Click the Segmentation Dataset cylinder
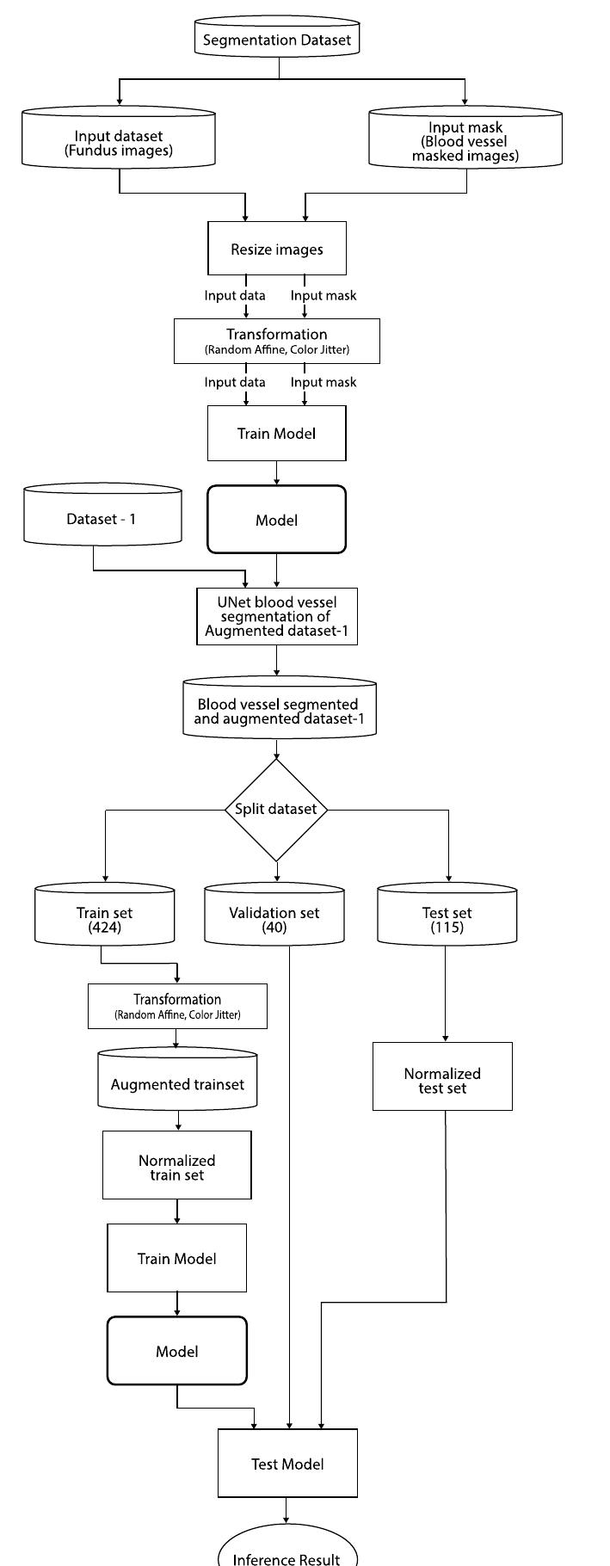(277, 40)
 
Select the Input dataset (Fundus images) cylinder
(119, 143)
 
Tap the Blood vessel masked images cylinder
(465, 142)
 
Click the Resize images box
(277, 249)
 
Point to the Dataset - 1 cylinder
(102, 518)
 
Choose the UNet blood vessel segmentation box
(277, 616)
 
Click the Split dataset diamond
(276, 809)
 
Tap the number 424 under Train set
(104, 928)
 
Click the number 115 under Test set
(447, 928)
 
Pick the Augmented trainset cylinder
(177, 1082)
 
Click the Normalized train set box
(177, 1167)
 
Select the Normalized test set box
(442, 1080)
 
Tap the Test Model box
(287, 1464)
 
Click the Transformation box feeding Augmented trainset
(177, 1006)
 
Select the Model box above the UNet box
(277, 520)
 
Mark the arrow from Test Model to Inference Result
(287, 1510)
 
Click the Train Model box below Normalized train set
(177, 1258)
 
